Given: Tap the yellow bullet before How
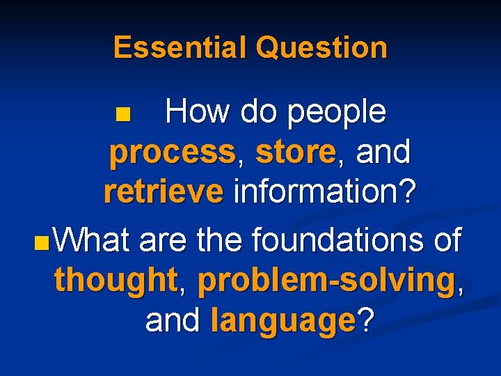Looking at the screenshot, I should pyautogui.click(x=123, y=113).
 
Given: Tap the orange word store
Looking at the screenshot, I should pyautogui.click(x=296, y=152).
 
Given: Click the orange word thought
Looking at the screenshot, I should pyautogui.click(x=116, y=281).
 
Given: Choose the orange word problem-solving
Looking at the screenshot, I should pyautogui.click(x=326, y=281).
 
